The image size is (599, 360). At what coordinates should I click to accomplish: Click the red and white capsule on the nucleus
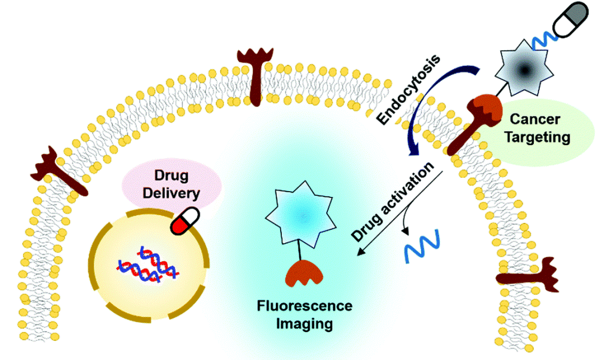coord(186,220)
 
